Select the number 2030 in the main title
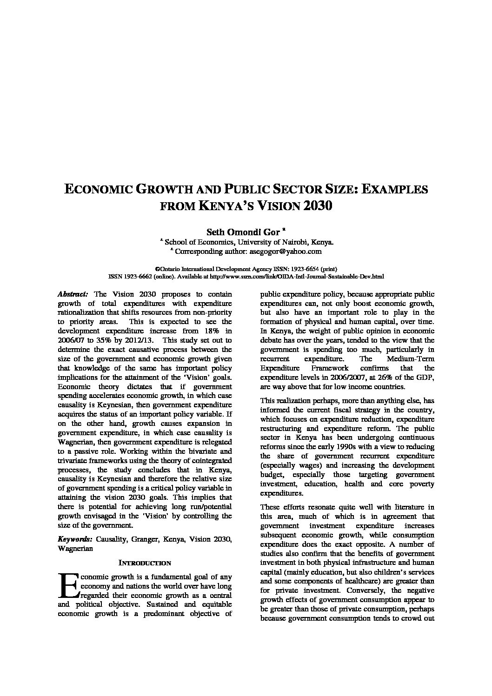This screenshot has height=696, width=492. pyautogui.click(x=318, y=205)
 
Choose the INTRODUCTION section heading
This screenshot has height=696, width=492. pyautogui.click(x=145, y=563)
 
